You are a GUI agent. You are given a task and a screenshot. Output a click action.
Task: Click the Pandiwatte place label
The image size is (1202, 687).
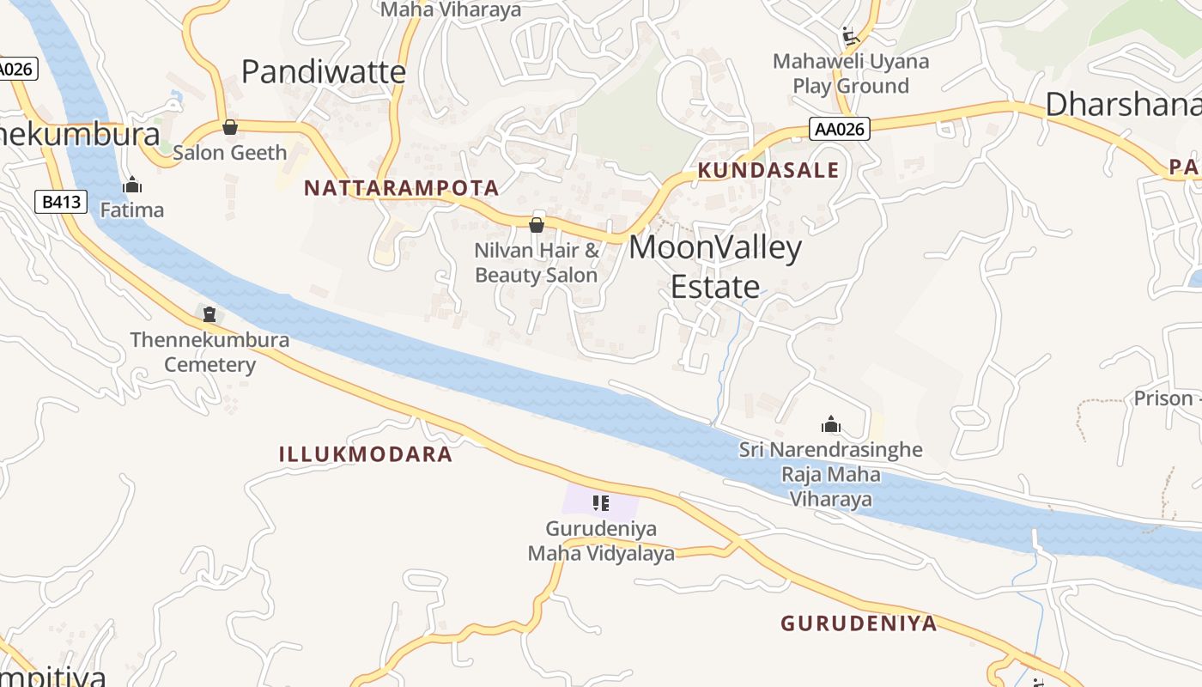click(323, 72)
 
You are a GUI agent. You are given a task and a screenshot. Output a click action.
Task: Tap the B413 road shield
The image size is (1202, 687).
click(62, 203)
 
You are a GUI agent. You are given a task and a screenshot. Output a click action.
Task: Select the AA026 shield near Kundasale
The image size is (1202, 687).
click(840, 130)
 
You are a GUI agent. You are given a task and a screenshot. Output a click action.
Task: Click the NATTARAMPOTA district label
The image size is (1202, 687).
click(401, 188)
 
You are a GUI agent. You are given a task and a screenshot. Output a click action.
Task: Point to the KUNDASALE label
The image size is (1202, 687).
click(768, 170)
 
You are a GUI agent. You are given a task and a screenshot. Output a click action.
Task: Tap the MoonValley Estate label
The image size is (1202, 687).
click(715, 266)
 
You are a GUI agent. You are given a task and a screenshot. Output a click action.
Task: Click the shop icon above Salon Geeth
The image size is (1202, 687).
click(229, 128)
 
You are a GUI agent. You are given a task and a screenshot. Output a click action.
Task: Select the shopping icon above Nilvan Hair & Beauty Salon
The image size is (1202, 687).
click(537, 225)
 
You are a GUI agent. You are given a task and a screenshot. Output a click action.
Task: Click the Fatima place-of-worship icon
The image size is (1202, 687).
click(132, 185)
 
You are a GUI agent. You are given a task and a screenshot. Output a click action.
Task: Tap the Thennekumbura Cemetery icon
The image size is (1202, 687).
click(209, 314)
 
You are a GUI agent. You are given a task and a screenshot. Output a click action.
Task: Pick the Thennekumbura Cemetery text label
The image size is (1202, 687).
click(210, 352)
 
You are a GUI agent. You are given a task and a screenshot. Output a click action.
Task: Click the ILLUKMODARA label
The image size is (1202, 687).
click(366, 454)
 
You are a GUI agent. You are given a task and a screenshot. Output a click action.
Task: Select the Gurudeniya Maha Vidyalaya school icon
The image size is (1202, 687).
click(601, 502)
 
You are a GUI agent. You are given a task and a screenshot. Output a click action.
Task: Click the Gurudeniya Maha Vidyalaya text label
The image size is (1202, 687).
click(601, 541)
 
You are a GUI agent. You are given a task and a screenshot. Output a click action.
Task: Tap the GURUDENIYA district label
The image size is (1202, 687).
click(859, 623)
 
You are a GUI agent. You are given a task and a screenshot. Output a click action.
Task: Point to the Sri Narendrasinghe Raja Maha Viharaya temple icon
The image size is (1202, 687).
click(830, 424)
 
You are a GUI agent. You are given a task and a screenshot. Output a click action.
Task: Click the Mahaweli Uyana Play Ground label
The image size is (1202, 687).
click(851, 74)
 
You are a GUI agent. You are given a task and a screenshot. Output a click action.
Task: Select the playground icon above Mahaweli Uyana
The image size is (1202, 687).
click(850, 36)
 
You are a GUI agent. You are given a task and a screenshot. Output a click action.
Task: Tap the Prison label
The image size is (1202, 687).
click(1164, 398)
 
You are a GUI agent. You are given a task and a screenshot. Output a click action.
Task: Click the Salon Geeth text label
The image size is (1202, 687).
click(230, 153)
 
